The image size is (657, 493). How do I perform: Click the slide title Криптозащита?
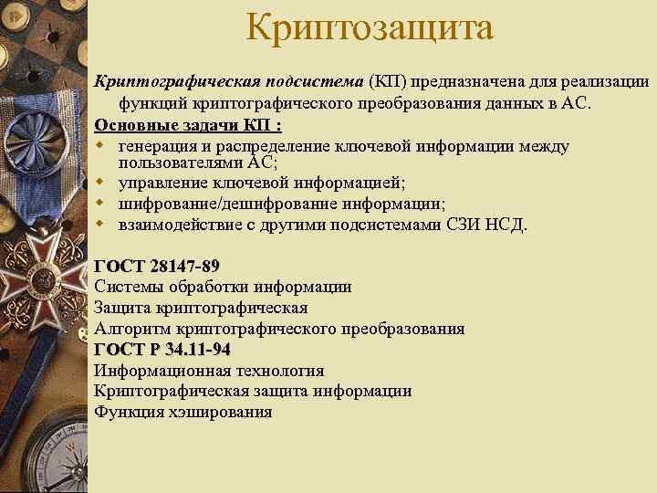369,27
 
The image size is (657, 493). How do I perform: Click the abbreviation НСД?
507,225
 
